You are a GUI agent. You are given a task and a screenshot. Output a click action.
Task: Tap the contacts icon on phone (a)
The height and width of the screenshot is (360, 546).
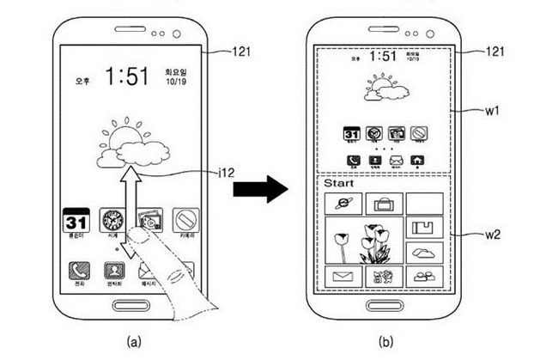[112, 272]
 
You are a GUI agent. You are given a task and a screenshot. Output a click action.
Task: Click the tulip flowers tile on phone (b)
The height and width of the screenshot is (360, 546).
[361, 241]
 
